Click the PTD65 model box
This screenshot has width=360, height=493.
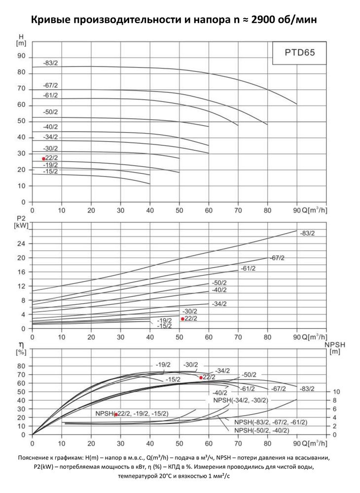pyautogui.click(x=299, y=53)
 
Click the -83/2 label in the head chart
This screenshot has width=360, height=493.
pyautogui.click(x=50, y=63)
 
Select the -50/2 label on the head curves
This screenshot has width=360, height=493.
pyautogui.click(x=50, y=112)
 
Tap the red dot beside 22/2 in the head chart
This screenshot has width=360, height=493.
pyautogui.click(x=43, y=159)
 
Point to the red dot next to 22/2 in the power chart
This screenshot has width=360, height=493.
pyautogui.click(x=182, y=319)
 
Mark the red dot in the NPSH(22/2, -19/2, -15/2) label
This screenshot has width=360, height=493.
pyautogui.click(x=116, y=415)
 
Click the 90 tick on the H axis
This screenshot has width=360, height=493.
pyautogui.click(x=21, y=56)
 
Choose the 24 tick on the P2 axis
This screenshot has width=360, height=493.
pyautogui.click(x=21, y=244)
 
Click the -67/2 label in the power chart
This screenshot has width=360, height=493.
pyautogui.click(x=277, y=258)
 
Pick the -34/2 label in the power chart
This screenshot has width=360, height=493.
pyautogui.click(x=219, y=304)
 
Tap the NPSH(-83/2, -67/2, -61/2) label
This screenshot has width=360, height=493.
pyautogui.click(x=271, y=423)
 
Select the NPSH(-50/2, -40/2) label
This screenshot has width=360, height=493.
pyautogui.click(x=261, y=430)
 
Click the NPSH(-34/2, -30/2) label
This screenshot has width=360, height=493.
pyautogui.click(x=241, y=400)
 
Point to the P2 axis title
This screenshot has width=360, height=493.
pyautogui.click(x=21, y=222)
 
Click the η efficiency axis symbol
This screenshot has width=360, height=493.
pyautogui.click(x=22, y=346)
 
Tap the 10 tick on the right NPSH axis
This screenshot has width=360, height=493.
pyautogui.click(x=336, y=392)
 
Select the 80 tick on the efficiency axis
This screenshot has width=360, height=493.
pyautogui.click(x=21, y=366)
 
